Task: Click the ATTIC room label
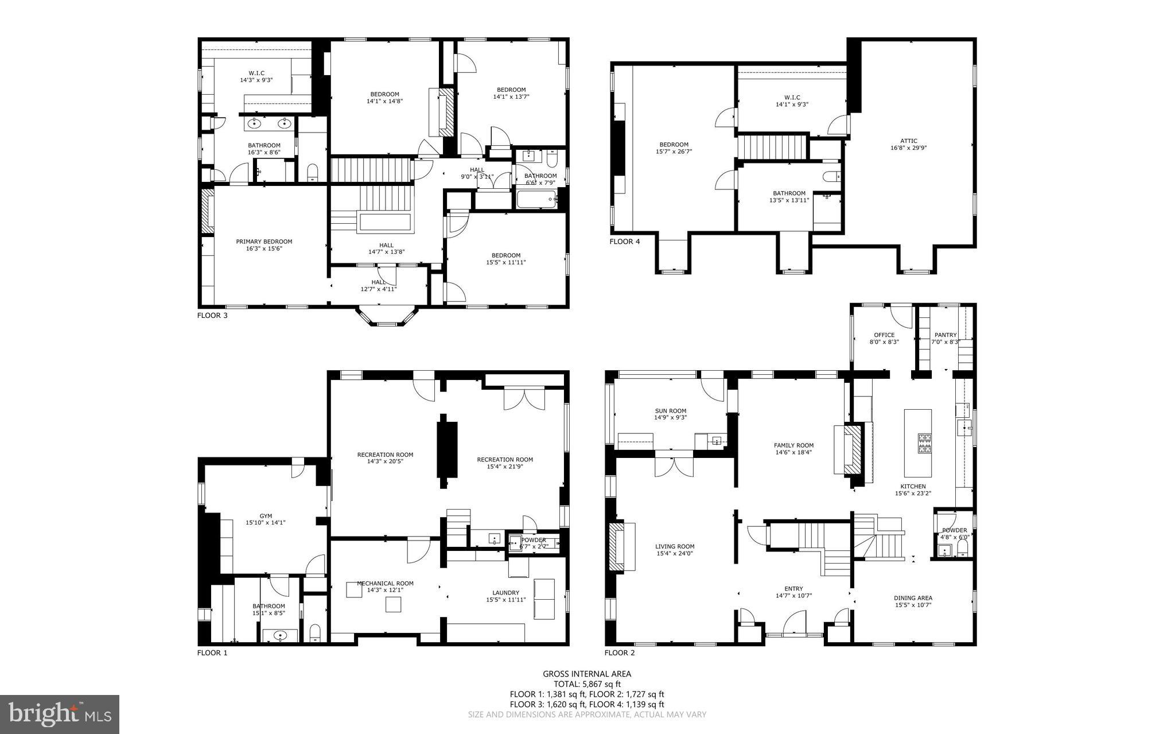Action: click(x=908, y=141)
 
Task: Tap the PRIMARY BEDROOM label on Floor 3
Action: click(x=264, y=242)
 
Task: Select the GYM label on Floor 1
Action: click(x=265, y=516)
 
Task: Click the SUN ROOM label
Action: click(x=670, y=411)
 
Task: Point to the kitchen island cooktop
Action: click(x=924, y=443)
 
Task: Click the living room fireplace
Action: click(x=617, y=547)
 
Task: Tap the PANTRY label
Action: click(x=946, y=335)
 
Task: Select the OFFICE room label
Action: click(x=884, y=335)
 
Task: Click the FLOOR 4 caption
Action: click(x=624, y=242)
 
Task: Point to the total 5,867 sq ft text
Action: click(x=587, y=684)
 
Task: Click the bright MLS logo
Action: click(x=60, y=714)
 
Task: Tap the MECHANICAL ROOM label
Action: click(x=385, y=583)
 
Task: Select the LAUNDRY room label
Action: click(x=505, y=593)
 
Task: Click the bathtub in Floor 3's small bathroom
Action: click(x=537, y=200)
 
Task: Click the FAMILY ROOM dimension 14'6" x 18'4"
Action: click(x=793, y=452)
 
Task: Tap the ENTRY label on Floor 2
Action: click(x=793, y=588)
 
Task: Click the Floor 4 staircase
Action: click(x=771, y=147)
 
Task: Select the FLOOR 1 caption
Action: click(x=212, y=653)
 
